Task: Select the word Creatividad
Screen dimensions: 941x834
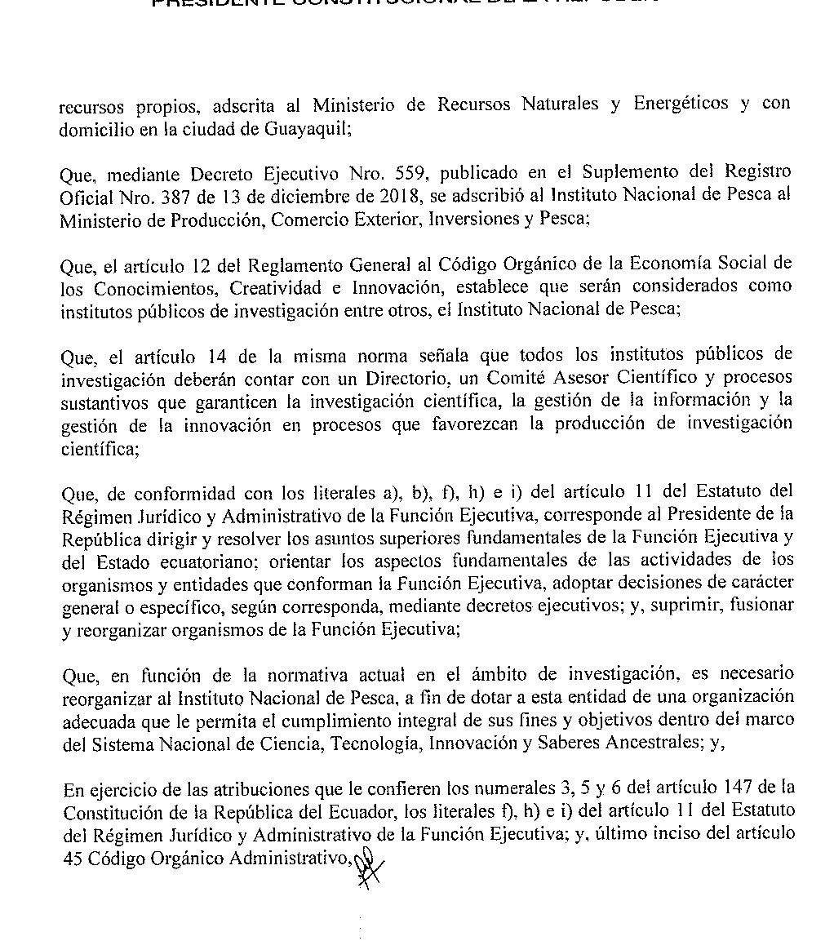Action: click(277, 287)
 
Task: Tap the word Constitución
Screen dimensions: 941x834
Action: click(106, 812)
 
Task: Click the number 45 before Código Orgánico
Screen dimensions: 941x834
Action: click(71, 858)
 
